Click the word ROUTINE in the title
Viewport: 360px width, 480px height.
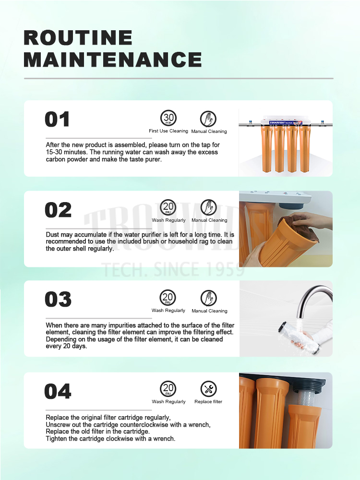[x=78, y=37]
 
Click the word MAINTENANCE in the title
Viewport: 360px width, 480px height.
[x=113, y=60]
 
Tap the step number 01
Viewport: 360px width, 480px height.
[x=57, y=119]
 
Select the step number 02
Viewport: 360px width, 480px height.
[x=58, y=210]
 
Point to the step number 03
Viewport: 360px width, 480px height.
[x=58, y=299]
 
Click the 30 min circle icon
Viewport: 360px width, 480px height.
[x=168, y=118]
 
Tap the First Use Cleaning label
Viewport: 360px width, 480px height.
[x=168, y=131]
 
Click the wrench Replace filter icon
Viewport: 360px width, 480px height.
[x=208, y=389]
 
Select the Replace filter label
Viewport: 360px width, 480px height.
[x=208, y=402]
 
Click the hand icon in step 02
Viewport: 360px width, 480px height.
[x=208, y=207]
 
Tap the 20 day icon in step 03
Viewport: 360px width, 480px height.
[x=168, y=298]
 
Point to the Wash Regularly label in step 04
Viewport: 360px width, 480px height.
[x=168, y=402]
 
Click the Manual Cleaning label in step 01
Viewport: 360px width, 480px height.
[x=209, y=132]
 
